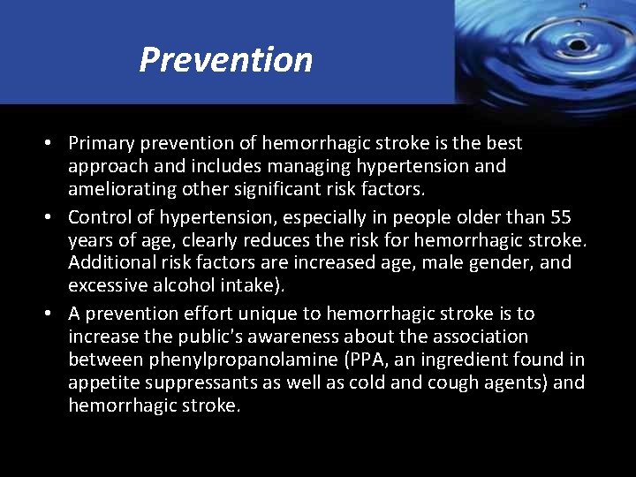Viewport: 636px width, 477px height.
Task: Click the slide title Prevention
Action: click(226, 60)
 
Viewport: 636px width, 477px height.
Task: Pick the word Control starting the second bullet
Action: click(97, 217)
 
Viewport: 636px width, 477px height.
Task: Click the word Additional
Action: click(109, 263)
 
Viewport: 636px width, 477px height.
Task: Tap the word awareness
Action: click(296, 337)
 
